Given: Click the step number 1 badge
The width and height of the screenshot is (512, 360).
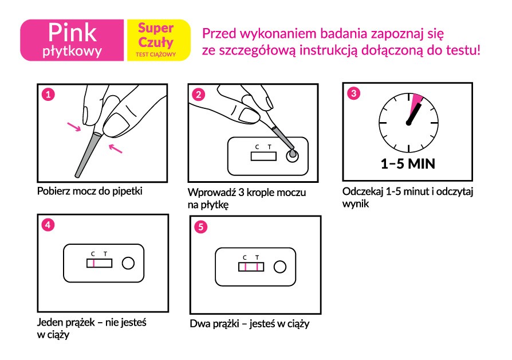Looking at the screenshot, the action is pos(48,95).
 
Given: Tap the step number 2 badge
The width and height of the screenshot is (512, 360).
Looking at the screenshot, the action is pos(199,95).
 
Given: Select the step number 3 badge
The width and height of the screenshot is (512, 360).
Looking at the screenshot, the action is pos(353,93).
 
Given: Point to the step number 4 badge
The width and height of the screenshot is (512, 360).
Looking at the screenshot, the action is pos(48,225).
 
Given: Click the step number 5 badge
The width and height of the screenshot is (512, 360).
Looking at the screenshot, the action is pos(201,226).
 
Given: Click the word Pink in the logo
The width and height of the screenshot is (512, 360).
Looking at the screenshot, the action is pos(73,33).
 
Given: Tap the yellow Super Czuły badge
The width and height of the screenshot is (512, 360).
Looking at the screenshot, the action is pos(159,40).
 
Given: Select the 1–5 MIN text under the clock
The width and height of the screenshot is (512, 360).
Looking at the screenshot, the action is pos(408,164).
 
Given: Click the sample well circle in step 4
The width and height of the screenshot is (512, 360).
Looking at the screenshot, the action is pos(128,263).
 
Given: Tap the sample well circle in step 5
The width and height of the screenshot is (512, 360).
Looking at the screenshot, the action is pos(280,267).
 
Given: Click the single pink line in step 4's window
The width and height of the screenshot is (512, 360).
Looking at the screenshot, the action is pos(94,263).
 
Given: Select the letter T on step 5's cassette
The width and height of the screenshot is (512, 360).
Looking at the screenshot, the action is pos(257,257).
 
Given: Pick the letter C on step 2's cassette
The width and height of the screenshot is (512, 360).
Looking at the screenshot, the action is pos(257,147).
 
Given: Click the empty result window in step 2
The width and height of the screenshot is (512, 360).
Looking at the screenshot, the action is pos(263,156).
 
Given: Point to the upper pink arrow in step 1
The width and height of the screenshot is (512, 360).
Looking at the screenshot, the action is pos(74,127).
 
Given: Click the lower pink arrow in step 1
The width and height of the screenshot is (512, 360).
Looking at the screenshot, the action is pos(115,148).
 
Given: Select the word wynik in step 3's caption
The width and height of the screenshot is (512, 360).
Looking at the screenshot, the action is pos(356,204).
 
